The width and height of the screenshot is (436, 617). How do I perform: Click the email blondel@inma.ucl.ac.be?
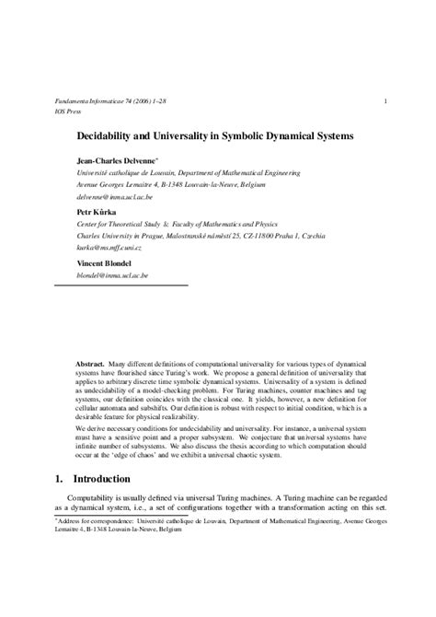(112, 275)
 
